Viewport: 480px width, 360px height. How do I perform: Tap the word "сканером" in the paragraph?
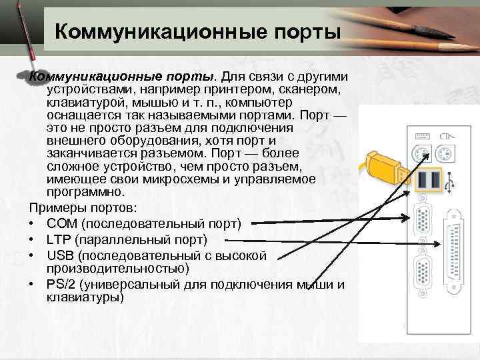(313, 88)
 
